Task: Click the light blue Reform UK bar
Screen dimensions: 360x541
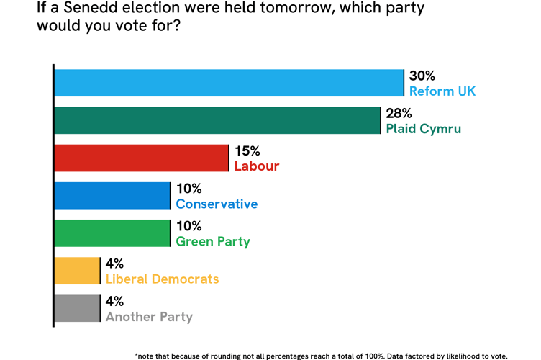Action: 229,83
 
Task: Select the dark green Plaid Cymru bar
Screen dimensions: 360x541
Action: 217,120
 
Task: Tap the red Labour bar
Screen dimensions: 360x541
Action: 141,158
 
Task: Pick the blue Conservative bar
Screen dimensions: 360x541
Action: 112,196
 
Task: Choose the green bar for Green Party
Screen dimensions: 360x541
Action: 112,233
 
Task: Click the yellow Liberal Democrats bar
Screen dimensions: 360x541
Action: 77,271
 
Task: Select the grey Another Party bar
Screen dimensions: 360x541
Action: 77,308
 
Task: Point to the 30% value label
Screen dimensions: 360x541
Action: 422,76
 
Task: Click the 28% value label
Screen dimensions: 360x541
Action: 399,114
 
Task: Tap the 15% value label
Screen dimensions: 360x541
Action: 247,151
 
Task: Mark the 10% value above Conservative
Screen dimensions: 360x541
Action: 189,189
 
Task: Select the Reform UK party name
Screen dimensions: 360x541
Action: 442,91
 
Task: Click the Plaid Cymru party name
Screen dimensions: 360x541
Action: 423,130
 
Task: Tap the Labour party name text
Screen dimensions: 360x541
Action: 257,167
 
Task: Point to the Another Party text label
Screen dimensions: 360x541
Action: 149,317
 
